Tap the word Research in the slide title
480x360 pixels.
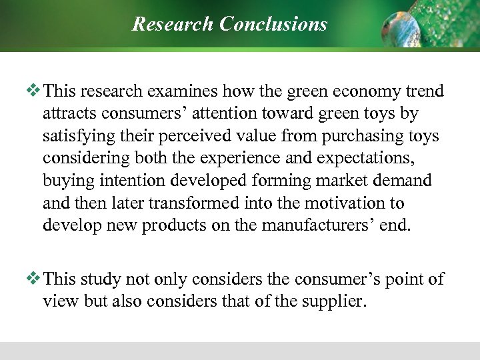click(x=170, y=24)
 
